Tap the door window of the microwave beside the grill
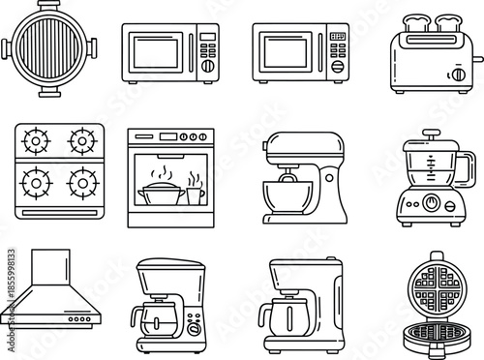(156, 51)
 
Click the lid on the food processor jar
(429, 145)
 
